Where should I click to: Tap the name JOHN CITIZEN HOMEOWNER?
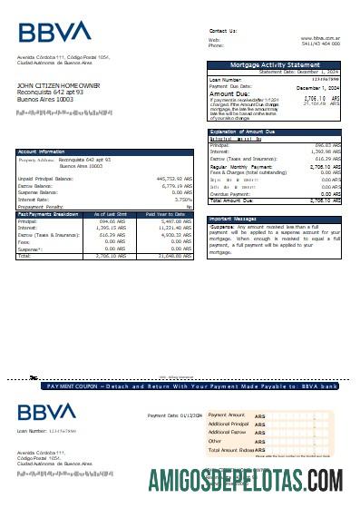pyautogui.click(x=58, y=85)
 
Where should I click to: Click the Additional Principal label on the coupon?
pyautogui.click(x=228, y=424)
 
